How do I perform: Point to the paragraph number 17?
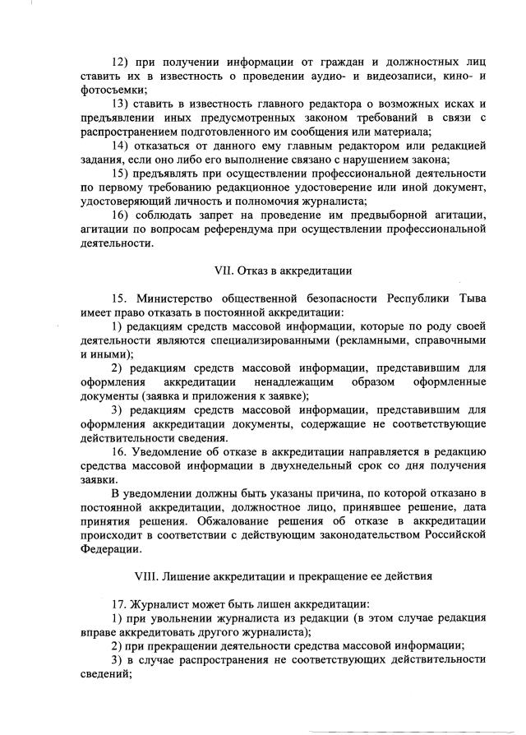119,605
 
